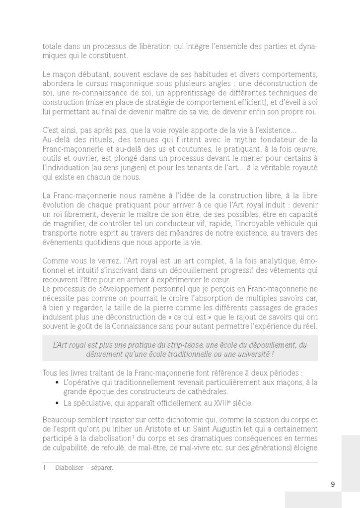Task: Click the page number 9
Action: pyautogui.click(x=332, y=484)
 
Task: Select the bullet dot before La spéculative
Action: pyautogui.click(x=58, y=402)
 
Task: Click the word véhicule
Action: pyautogui.click(x=294, y=223)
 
